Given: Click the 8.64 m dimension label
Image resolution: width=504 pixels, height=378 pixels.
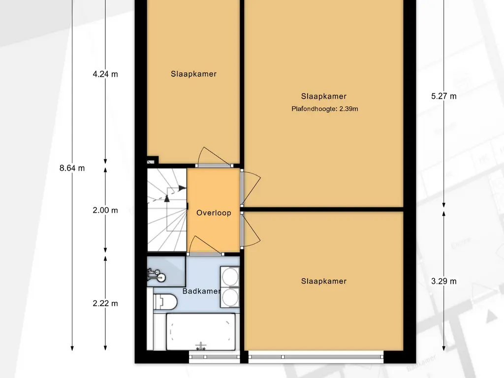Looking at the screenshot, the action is tap(72, 168).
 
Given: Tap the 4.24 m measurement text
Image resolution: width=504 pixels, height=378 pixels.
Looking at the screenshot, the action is tap(105, 74).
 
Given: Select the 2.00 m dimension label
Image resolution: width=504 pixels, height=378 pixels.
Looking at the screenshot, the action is tap(105, 210).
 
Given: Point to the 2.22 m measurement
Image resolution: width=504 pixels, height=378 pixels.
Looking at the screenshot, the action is tap(105, 303).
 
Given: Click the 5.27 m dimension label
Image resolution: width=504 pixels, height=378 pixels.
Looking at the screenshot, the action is tap(444, 96).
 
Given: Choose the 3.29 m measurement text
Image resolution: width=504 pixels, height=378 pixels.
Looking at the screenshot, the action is tap(444, 281).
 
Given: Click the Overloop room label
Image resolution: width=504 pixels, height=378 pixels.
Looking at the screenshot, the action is tap(214, 213).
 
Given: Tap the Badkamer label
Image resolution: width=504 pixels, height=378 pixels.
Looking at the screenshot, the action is tap(201, 291).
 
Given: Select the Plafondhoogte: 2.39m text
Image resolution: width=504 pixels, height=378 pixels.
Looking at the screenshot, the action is tap(325, 109).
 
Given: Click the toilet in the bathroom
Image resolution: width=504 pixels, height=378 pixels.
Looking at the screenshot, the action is tap(165, 302).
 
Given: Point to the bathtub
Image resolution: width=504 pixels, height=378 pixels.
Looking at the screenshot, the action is tap(201, 332).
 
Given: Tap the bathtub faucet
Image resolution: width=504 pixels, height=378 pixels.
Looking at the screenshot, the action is tap(201, 346).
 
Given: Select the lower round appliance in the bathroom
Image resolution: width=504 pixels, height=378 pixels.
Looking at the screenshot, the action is tap(230, 297).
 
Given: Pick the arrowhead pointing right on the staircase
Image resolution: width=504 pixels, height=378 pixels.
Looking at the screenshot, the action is tap(183, 188).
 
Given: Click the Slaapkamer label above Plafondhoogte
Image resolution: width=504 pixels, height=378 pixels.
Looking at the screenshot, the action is tap(324, 96).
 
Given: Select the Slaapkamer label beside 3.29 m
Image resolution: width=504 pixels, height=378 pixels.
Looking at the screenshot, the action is tap(324, 281).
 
